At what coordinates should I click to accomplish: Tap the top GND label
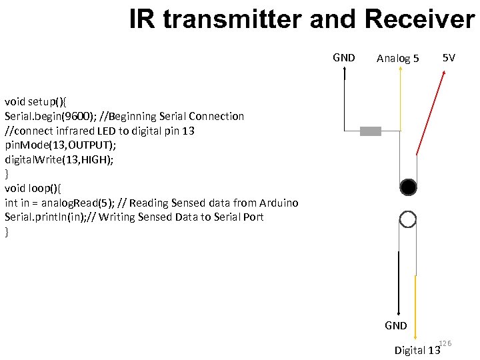344,57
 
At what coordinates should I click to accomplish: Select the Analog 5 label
398,59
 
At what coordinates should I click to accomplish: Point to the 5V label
449,58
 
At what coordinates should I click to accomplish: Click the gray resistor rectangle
371,131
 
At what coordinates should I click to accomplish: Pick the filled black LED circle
408,186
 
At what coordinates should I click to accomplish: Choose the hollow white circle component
408,219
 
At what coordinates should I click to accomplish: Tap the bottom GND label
396,326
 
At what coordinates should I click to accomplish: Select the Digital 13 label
417,350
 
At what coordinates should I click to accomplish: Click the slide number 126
445,343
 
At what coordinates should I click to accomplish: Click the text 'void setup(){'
37,101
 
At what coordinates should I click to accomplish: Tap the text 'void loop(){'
34,189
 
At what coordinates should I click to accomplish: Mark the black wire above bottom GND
398,280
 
